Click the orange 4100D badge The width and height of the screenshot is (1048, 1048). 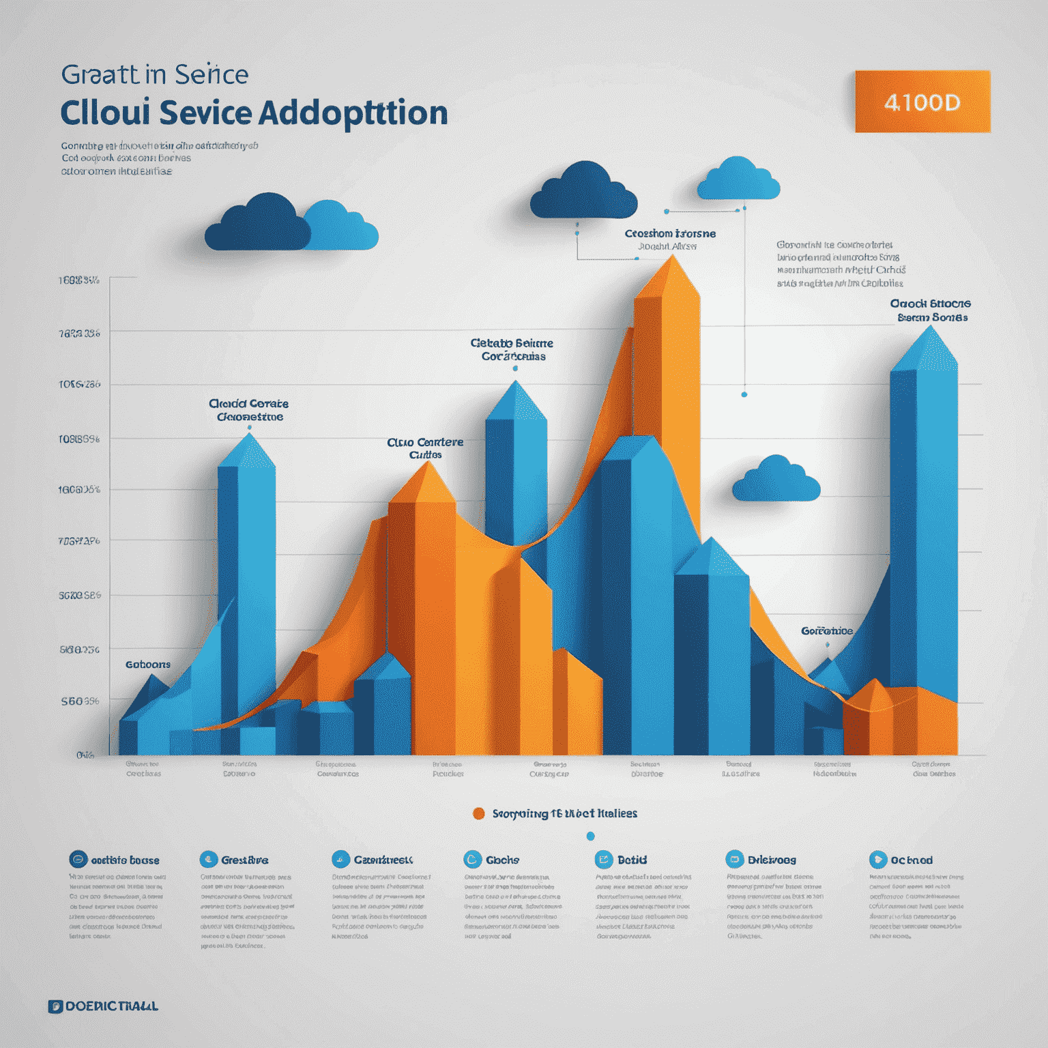(x=922, y=102)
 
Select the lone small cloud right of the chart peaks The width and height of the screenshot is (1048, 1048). (x=776, y=479)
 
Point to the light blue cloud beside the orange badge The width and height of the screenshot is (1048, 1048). (x=738, y=179)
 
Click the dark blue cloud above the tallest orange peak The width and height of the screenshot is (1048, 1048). (x=583, y=191)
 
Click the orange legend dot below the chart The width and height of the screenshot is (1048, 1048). (x=479, y=813)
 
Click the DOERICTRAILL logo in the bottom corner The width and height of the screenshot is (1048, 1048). (x=103, y=1006)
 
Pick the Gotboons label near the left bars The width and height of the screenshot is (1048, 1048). (x=148, y=664)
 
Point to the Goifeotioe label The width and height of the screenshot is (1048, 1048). (x=826, y=630)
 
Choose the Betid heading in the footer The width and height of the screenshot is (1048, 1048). (x=632, y=860)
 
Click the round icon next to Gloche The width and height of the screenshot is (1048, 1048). (x=472, y=859)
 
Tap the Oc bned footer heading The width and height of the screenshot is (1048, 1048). (x=911, y=860)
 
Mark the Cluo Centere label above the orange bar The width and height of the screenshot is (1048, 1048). (x=425, y=448)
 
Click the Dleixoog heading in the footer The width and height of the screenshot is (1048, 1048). (x=772, y=860)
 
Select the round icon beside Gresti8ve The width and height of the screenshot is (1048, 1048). (x=208, y=859)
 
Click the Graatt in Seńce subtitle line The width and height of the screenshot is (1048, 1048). (x=155, y=74)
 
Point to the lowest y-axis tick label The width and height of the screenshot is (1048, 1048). (x=85, y=755)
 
